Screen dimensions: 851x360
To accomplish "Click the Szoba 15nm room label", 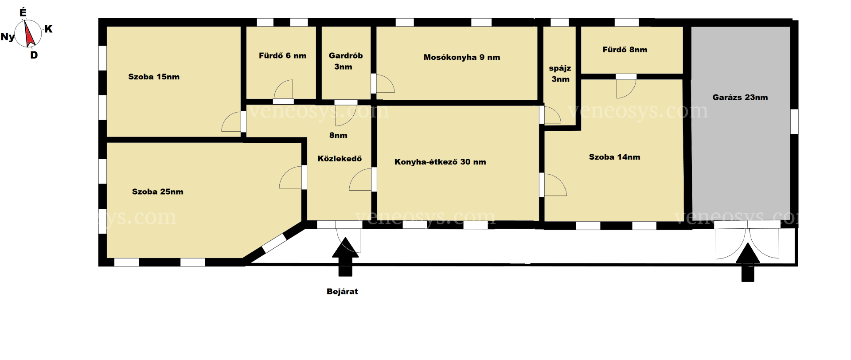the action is click(154, 77).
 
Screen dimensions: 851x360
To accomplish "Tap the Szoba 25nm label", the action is click(157, 192).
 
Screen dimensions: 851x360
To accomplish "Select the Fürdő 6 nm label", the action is click(282, 55).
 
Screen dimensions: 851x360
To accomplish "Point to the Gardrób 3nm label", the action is click(345, 61).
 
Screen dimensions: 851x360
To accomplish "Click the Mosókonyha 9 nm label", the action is click(461, 57).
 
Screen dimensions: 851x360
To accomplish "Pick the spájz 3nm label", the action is click(560, 74).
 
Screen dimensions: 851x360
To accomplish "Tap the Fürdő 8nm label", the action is click(625, 50).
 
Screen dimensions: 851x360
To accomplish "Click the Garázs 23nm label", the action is click(740, 97).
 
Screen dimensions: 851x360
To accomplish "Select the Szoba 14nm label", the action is click(614, 157).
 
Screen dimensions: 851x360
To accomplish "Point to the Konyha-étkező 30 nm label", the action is click(440, 162).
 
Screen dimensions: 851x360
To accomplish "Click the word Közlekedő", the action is click(340, 158).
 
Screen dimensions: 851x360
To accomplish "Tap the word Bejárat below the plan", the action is click(342, 291).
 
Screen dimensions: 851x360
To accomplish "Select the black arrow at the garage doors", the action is click(748, 262).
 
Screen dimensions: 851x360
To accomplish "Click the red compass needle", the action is click(29, 34).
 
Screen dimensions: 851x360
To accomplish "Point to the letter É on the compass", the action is click(23, 12).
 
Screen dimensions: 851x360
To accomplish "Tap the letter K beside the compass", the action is click(48, 29).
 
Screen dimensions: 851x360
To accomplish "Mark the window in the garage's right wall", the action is click(794, 121).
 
